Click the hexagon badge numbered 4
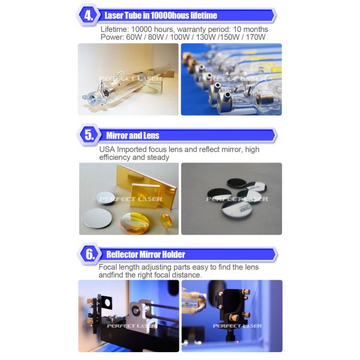(x=88, y=16)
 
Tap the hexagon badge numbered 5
(x=89, y=135)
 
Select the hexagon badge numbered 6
(x=90, y=254)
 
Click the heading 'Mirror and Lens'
(x=133, y=136)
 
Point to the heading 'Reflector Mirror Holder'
(x=146, y=254)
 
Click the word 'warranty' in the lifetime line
(x=191, y=29)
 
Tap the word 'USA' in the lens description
(x=107, y=149)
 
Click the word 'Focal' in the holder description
(x=107, y=267)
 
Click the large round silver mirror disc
(x=98, y=218)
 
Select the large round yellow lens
(x=135, y=223)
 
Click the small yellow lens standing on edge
(x=167, y=220)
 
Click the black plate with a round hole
(x=106, y=302)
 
